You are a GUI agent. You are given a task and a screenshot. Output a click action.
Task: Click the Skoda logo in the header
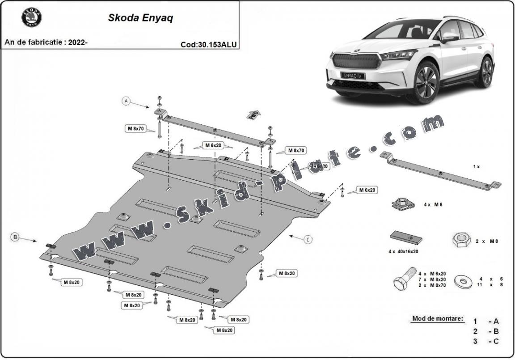[x=31, y=18]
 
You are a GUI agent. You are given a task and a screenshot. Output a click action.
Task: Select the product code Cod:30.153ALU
[x=208, y=44]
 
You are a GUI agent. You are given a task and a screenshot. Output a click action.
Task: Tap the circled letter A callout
[x=127, y=102]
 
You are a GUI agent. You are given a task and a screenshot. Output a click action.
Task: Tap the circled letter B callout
[x=15, y=237]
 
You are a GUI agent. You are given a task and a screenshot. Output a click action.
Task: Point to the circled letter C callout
[x=308, y=240]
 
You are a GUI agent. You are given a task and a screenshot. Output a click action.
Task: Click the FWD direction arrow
[x=253, y=114]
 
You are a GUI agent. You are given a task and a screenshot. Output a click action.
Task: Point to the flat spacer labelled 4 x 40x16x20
[x=406, y=237]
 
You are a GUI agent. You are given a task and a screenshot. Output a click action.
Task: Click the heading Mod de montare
[x=438, y=319]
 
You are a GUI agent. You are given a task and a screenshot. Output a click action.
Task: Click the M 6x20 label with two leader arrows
[x=214, y=145]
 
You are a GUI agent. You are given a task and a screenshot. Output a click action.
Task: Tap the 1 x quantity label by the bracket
[x=476, y=166]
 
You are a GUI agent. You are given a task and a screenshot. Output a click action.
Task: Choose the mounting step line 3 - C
[x=486, y=342]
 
